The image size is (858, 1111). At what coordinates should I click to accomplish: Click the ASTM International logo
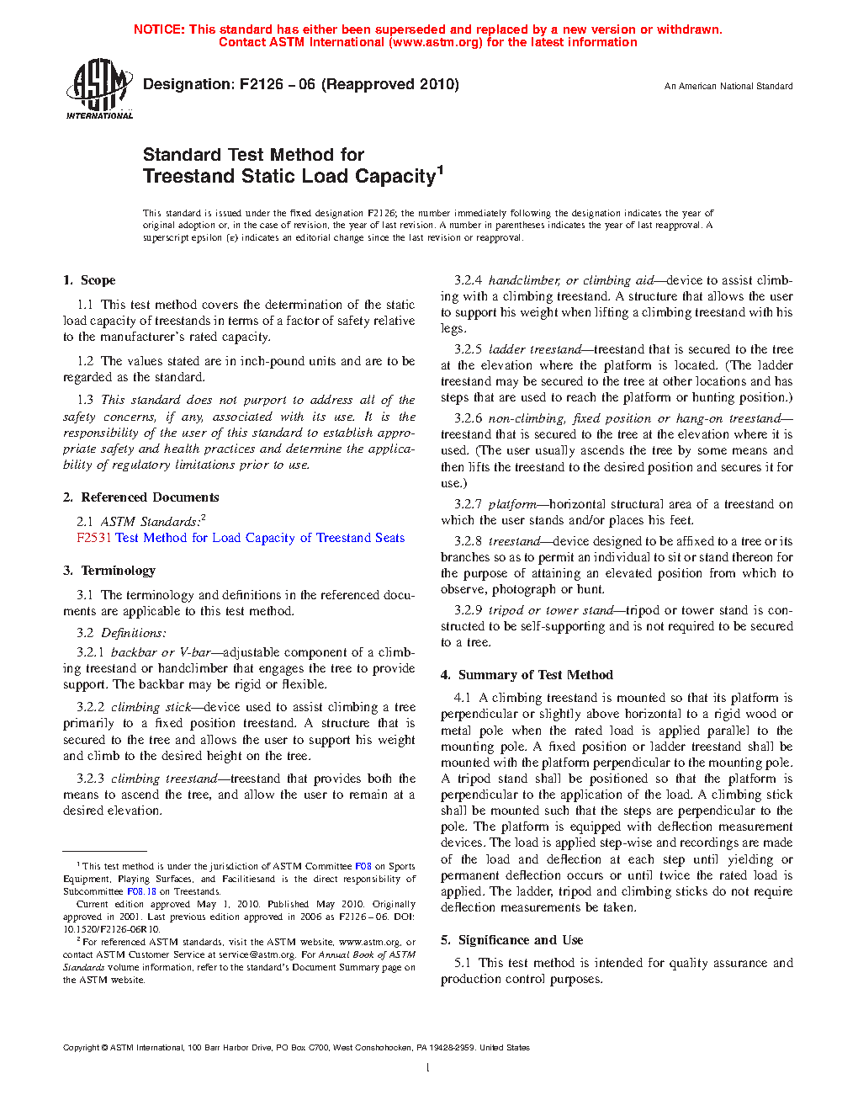99,88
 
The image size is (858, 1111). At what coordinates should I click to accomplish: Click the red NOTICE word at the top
159,29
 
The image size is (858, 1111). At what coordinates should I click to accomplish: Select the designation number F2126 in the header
262,84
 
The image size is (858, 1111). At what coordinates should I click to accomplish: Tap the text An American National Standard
728,86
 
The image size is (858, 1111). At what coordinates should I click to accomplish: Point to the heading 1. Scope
89,280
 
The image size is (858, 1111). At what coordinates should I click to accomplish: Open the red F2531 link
93,538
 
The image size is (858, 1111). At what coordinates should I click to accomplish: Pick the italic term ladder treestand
535,349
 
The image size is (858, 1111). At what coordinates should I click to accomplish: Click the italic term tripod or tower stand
551,610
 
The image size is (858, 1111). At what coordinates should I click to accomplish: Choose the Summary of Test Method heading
527,675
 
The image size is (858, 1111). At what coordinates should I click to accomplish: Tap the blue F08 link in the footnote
363,866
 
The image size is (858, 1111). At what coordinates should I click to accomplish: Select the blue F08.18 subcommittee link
141,891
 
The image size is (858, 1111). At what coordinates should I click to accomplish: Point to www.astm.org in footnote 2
368,942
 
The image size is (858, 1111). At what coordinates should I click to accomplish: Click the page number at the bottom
428,1068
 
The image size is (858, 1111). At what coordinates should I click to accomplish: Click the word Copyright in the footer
81,1048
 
